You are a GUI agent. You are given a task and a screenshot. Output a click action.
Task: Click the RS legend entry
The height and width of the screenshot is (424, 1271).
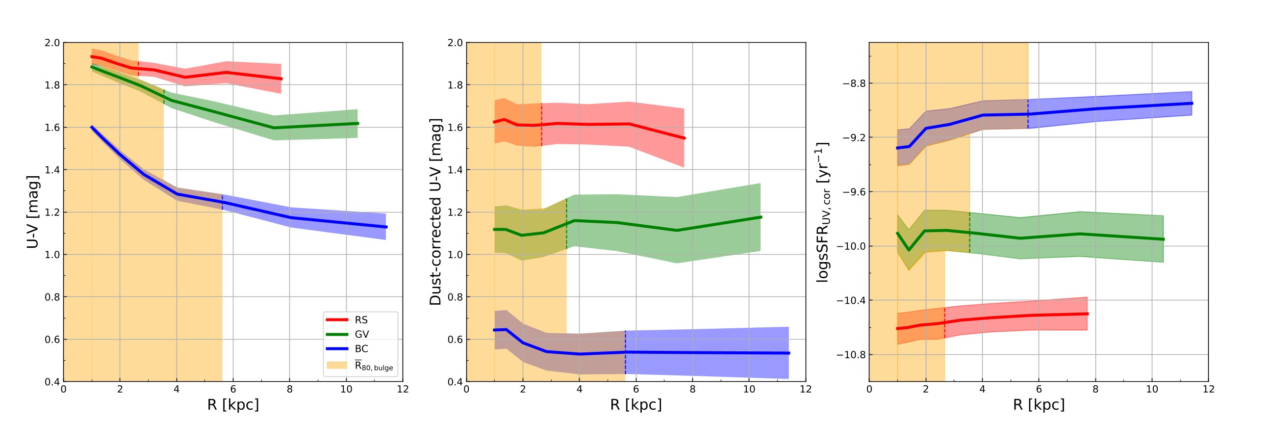361,320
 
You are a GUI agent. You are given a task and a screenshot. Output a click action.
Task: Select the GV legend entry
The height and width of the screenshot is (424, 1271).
362,335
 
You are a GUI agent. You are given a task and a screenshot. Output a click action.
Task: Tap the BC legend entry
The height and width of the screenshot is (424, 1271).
361,349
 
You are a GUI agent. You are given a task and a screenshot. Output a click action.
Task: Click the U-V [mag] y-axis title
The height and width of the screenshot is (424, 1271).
32,212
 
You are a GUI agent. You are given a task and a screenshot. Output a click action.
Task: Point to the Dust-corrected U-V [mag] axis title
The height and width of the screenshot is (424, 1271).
435,212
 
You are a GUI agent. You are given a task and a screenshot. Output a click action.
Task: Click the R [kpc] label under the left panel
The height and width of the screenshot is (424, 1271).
233,405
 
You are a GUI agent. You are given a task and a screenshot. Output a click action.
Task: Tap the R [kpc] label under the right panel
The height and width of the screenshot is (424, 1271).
1039,405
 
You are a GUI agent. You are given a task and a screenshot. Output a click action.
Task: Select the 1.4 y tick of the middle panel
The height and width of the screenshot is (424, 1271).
455,170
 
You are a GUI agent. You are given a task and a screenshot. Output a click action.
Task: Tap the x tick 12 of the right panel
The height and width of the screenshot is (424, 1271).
1208,389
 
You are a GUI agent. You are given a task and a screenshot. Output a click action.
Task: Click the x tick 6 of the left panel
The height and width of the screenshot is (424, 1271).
233,389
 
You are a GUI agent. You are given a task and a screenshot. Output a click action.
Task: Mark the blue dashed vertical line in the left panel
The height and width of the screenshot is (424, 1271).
223,202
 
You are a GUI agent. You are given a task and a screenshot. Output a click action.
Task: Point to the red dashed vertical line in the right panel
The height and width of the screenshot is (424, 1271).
945,323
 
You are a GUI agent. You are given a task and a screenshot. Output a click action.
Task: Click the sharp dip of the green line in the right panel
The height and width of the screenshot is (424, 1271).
909,250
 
